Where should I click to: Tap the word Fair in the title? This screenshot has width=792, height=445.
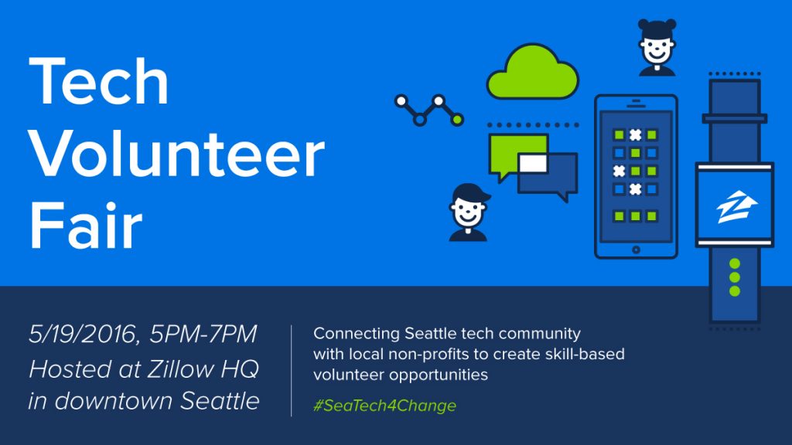coord(86,225)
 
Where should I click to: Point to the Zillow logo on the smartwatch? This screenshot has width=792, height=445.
coord(736,206)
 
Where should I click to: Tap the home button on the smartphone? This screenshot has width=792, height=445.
coord(636,250)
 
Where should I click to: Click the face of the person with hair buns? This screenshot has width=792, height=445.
coord(657,49)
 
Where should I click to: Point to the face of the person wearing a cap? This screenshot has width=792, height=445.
coord(468,212)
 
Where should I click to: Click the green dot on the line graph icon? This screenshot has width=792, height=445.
coord(457,120)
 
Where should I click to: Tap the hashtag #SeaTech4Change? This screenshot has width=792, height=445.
coord(384,406)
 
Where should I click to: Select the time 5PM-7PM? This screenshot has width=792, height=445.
coord(203,335)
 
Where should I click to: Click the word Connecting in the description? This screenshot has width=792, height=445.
coord(357,334)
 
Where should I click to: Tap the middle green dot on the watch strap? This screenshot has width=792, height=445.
coord(735,277)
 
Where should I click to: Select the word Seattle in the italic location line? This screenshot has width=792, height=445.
coord(220,401)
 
